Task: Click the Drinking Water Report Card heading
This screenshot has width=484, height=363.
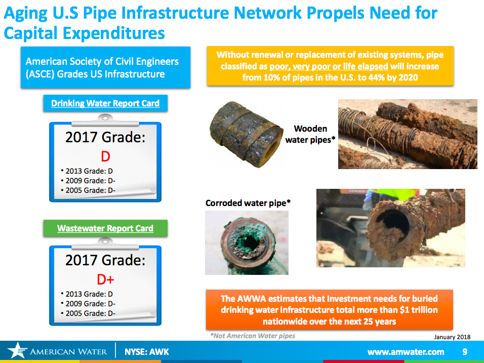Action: point(105,103)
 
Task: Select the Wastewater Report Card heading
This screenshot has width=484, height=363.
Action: point(105,228)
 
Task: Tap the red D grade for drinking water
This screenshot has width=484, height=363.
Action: point(106,156)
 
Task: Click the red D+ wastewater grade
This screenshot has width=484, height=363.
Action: point(106,279)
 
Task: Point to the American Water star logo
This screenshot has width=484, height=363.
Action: point(17,350)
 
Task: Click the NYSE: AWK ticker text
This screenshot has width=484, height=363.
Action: point(147,351)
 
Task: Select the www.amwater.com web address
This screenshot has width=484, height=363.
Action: point(406,352)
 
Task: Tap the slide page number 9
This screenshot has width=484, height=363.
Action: point(465,351)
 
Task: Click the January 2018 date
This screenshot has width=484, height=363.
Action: point(452,337)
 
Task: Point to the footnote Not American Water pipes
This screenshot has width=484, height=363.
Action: point(253,336)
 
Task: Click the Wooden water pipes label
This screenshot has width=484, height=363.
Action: point(310,134)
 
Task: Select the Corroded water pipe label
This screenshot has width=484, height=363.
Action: point(248,203)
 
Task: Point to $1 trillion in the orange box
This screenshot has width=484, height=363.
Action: point(419,310)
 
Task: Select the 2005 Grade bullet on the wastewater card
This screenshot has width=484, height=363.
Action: point(88,313)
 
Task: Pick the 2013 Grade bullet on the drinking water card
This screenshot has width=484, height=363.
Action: point(87,171)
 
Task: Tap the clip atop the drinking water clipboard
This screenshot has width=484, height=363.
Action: point(105,120)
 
